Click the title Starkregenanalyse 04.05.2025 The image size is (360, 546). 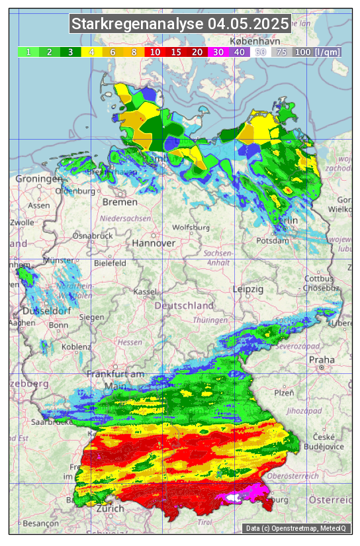(180, 24)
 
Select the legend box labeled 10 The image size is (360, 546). (154, 52)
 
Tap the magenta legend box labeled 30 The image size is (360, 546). (218, 52)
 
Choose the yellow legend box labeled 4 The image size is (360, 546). (92, 52)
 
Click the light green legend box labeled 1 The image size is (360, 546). (28, 52)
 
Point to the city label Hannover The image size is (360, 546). (154, 243)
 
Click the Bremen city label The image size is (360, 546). (120, 202)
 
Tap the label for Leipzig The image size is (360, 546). (248, 289)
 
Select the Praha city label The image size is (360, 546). (322, 359)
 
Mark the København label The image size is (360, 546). (252, 41)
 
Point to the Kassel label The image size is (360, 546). (144, 292)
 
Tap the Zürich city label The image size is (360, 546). (109, 508)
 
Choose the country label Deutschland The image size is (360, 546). (184, 306)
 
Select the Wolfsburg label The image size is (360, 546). (191, 227)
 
